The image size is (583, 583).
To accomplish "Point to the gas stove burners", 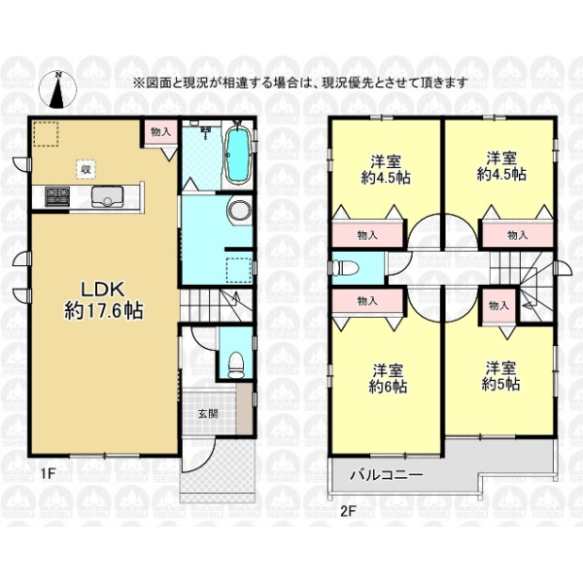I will click(51, 198).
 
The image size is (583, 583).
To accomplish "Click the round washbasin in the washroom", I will click(237, 211).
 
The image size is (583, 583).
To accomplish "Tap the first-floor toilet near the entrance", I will click(233, 361).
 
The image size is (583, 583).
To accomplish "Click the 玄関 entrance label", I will click(209, 413).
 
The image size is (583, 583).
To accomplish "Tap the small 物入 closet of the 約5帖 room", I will click(498, 305).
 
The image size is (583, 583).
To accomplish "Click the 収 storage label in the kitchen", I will click(86, 169).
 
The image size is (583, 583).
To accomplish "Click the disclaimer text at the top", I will click(299, 83).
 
